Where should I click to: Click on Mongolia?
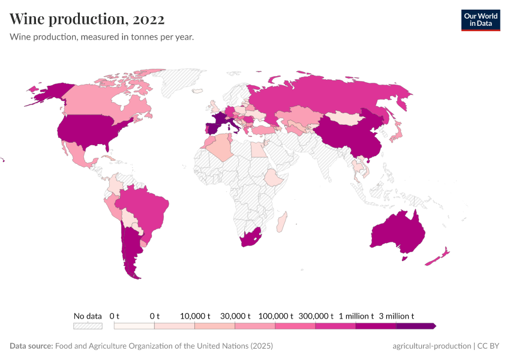(x=341, y=118)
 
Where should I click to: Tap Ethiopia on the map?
(x=274, y=178)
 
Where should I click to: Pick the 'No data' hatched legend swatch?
(x=88, y=326)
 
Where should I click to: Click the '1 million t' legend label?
(x=356, y=316)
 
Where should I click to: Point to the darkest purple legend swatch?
(x=415, y=326)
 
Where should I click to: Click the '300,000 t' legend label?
(x=316, y=316)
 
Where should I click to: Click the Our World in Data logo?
(x=480, y=20)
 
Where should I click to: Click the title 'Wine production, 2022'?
(x=87, y=19)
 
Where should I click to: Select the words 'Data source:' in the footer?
(x=31, y=346)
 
